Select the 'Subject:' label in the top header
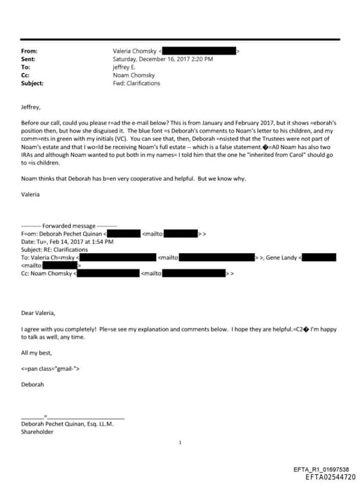(32, 83)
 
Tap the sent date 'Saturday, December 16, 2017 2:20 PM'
(159, 59)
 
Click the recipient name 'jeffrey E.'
(126, 67)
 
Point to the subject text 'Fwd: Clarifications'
(136, 83)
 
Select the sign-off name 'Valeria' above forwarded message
(31, 193)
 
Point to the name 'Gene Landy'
(281, 257)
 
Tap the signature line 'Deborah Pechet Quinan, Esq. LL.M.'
(67, 424)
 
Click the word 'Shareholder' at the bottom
(37, 432)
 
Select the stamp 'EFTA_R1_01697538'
(321, 469)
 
